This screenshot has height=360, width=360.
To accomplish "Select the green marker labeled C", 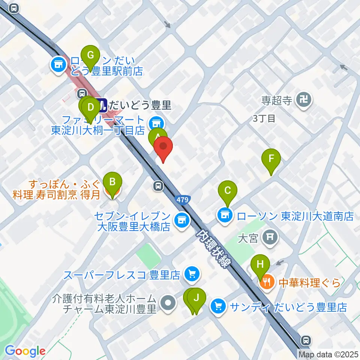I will (x=227, y=191).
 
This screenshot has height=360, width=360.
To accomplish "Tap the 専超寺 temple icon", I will (x=302, y=100).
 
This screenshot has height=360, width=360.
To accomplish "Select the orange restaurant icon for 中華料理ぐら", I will (x=267, y=282).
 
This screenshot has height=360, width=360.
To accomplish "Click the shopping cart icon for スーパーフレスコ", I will (x=192, y=275).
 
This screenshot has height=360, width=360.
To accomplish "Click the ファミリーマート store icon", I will (x=155, y=122).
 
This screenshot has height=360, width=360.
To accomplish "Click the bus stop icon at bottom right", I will (x=306, y=340).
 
